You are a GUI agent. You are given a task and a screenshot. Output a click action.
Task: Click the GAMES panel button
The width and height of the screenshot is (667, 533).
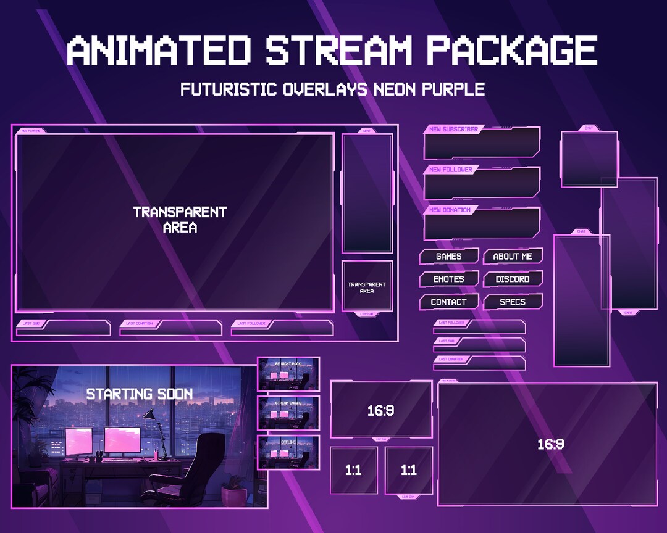click(x=448, y=256)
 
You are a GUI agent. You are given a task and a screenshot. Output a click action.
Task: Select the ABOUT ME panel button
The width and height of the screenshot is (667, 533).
click(x=513, y=256)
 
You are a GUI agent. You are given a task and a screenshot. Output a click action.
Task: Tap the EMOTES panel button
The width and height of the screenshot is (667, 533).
click(x=448, y=279)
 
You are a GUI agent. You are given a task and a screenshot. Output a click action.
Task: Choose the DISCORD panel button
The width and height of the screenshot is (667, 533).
click(x=513, y=279)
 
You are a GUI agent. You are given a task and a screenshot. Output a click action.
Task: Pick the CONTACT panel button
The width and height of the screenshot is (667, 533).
click(x=448, y=302)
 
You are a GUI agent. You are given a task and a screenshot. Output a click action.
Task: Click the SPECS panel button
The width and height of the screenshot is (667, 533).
click(x=513, y=302)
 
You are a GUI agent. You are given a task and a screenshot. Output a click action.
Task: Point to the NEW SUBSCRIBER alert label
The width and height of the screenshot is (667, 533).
click(x=453, y=130)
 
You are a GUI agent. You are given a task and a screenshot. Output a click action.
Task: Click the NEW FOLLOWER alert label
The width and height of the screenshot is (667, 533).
click(x=451, y=170)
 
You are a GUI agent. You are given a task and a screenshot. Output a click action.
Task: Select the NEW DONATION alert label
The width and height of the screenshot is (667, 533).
click(x=450, y=210)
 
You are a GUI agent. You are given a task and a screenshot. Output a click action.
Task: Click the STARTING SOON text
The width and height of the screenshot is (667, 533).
click(x=139, y=394)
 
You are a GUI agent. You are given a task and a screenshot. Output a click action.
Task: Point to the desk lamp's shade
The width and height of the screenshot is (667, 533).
click(x=149, y=414)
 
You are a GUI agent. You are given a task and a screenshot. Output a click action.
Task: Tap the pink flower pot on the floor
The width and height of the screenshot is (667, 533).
click(x=233, y=494)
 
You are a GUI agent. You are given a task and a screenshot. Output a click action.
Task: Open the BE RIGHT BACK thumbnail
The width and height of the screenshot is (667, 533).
click(x=288, y=373)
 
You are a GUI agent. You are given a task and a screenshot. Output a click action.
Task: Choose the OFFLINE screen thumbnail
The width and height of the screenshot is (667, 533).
click(x=288, y=452)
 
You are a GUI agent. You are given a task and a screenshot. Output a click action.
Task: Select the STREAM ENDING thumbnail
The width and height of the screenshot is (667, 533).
click(x=288, y=413)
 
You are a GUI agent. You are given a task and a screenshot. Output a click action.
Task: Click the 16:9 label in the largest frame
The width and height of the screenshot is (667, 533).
click(x=550, y=444)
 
